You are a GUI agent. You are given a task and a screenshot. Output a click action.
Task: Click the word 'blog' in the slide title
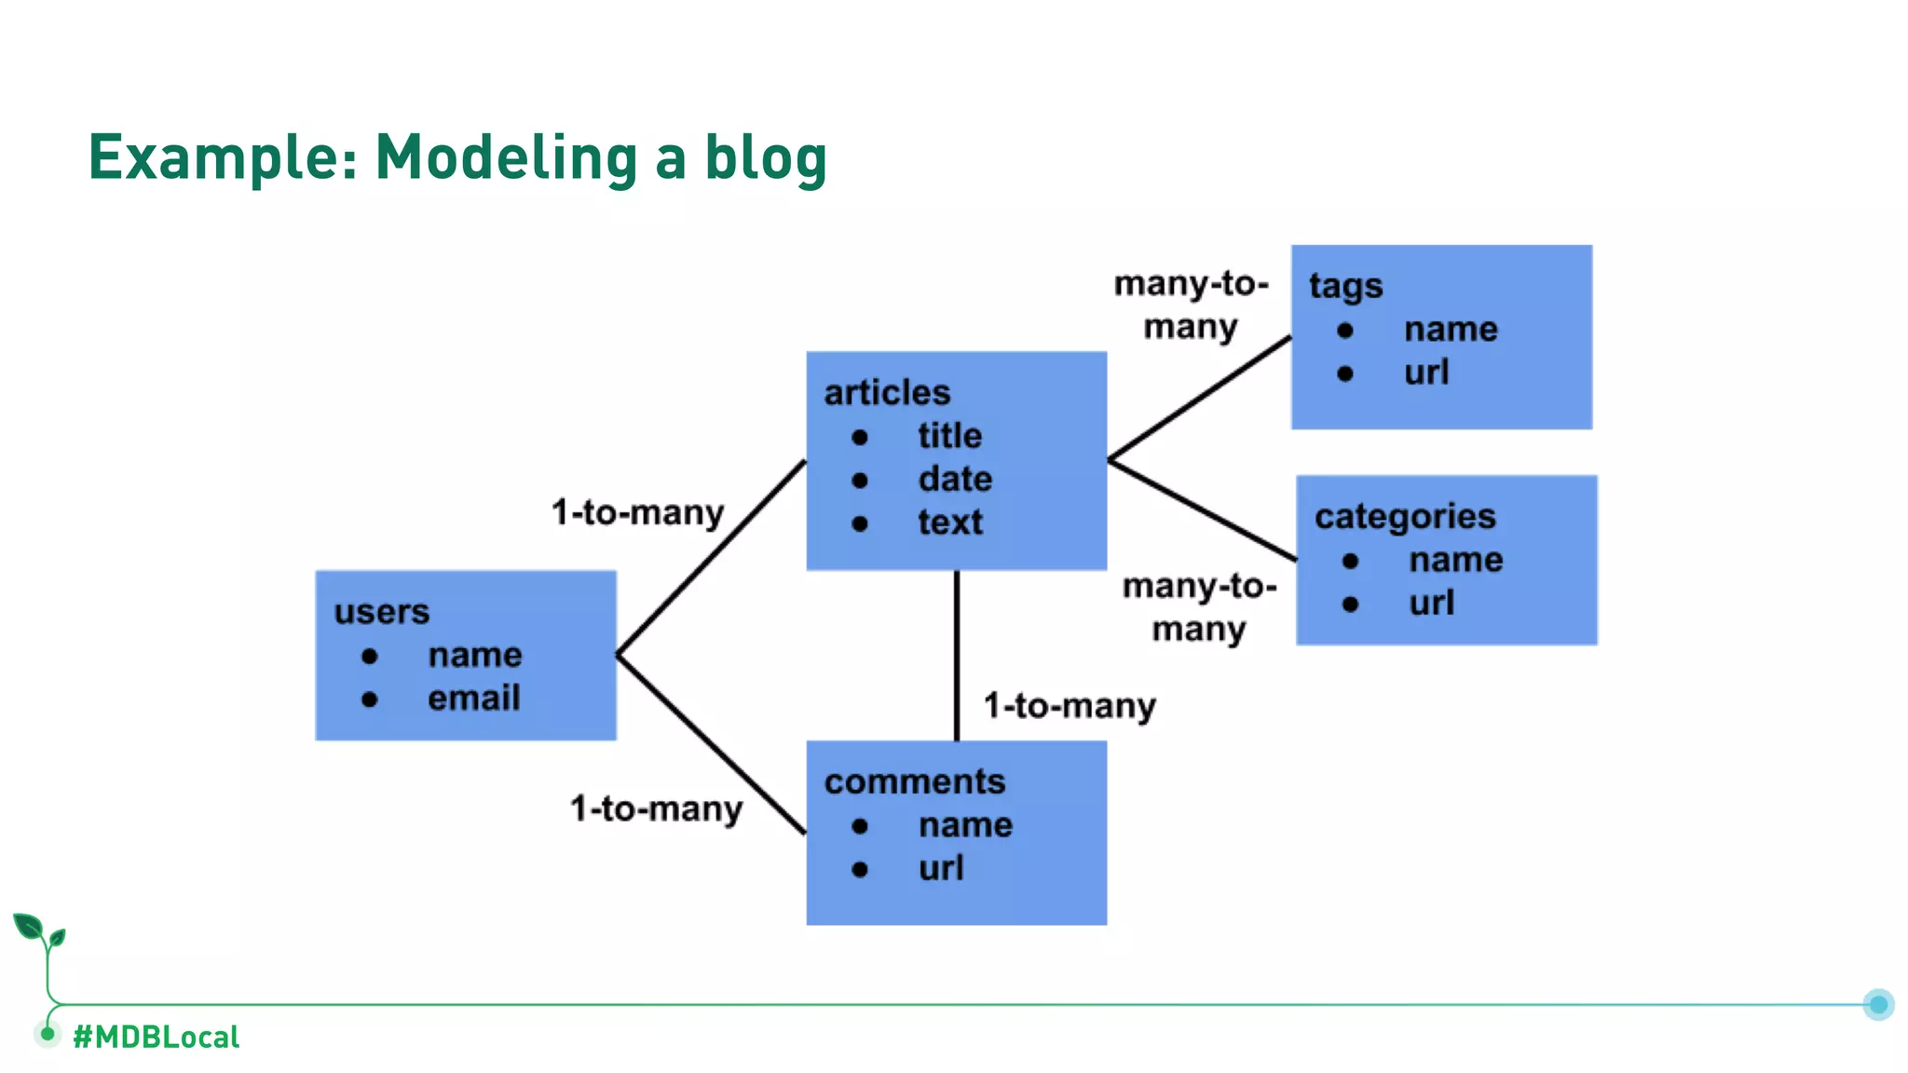pos(765,157)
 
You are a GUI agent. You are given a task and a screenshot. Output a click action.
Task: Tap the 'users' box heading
pos(382,612)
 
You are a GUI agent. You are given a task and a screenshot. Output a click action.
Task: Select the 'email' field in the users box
pos(473,698)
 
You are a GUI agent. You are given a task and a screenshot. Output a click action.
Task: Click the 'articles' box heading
pos(887,392)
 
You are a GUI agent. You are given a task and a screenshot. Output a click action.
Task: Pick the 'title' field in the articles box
pos(949,435)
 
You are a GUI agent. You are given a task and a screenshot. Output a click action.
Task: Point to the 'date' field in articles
pos(955,479)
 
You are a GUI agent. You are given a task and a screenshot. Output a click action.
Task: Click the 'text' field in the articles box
pos(949,522)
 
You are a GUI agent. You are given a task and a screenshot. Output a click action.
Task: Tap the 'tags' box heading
pos(1345,286)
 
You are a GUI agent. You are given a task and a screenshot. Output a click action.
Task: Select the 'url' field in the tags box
pos(1426,373)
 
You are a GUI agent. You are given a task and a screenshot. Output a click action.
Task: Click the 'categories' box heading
pos(1405,516)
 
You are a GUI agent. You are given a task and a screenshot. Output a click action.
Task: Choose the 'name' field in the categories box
pos(1455,560)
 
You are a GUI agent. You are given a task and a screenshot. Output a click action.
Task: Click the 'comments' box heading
pos(915,781)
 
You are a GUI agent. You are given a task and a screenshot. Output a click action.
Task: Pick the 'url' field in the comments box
pos(941,868)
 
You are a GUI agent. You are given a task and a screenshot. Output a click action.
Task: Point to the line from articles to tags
pos(1200,398)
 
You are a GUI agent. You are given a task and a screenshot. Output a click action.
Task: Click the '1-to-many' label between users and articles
pos(637,512)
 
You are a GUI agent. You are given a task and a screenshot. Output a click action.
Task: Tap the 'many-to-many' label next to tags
pos(1191,305)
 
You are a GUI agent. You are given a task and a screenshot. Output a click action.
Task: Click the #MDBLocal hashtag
pos(156,1037)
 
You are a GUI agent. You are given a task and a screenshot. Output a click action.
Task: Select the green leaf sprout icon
pos(38,931)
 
